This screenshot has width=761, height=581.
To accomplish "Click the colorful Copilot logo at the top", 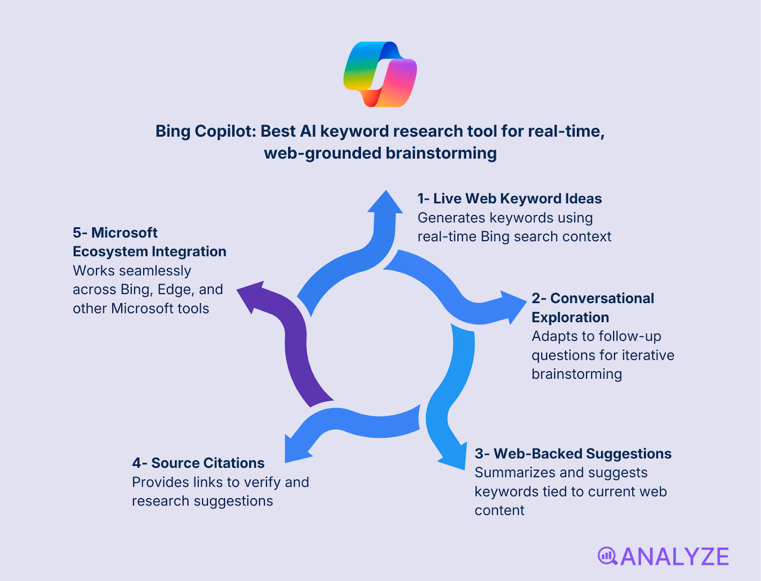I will click(380, 74).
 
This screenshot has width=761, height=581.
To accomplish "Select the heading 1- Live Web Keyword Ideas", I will click(509, 198).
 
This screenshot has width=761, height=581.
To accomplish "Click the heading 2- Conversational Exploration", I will click(593, 307).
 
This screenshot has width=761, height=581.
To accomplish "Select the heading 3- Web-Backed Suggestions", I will click(573, 453).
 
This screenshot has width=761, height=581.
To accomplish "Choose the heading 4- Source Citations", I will click(198, 463).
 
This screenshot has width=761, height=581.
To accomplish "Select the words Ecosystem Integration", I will click(149, 251).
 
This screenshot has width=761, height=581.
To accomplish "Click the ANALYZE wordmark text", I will click(674, 557).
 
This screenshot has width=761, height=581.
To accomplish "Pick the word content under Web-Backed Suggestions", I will click(499, 511).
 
